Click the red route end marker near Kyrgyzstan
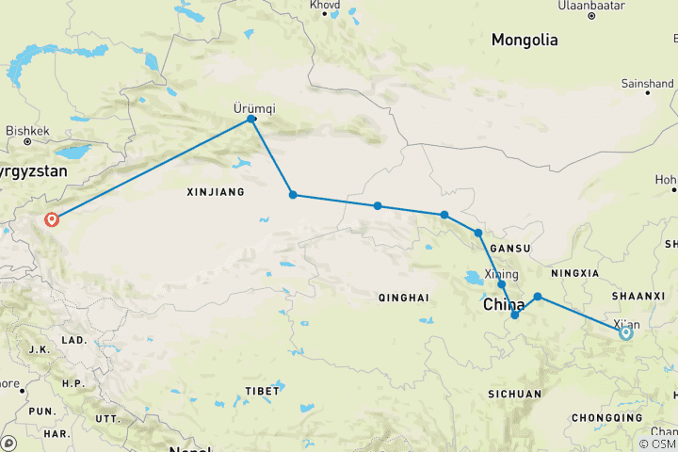tap(52, 219)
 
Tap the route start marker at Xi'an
tap(625, 332)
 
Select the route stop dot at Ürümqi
tap(251, 119)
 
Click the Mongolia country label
tap(525, 40)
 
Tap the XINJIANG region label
tap(216, 192)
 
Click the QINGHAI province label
tap(403, 298)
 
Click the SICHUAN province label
tap(515, 394)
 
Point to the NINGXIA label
tap(575, 274)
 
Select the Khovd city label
tap(325, 5)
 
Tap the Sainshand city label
tap(647, 83)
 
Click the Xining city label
tap(501, 274)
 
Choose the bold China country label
tap(504, 306)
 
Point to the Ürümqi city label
tap(252, 107)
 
